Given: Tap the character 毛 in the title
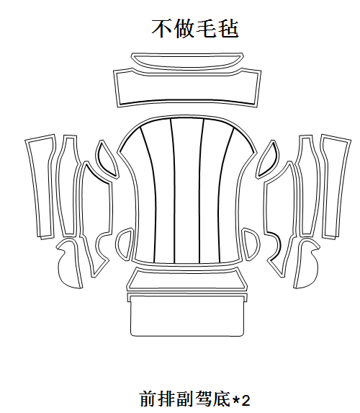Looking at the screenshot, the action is tap(207, 28).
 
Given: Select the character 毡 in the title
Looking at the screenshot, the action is tap(228, 28).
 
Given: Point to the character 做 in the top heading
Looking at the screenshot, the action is tap(184, 28).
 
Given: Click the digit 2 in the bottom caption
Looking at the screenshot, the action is tap(246, 401).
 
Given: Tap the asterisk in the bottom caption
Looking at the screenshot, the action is tap(235, 400).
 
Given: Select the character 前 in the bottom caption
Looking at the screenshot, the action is tap(148, 399).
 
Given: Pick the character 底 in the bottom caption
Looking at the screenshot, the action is tap(222, 399).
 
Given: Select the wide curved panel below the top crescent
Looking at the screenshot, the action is tap(187, 88).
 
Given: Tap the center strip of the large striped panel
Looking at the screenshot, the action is tap(187, 190).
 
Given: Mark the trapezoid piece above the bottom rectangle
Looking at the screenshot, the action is tap(187, 279).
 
